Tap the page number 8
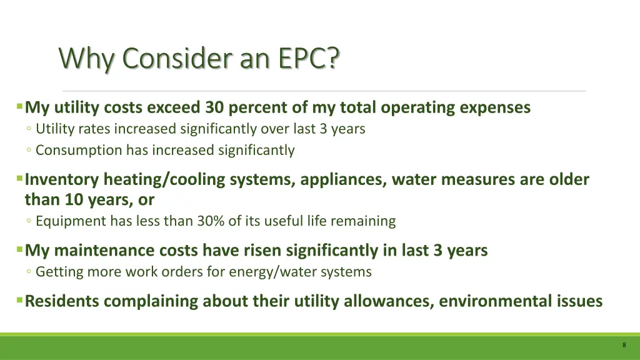[x=624, y=346]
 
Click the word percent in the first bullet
[x=257, y=107]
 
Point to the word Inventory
[x=61, y=180]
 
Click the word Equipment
[x=71, y=221]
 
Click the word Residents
[x=62, y=301]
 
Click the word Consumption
[x=79, y=150]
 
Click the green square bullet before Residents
[x=20, y=301]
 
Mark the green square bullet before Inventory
[x=20, y=179]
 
